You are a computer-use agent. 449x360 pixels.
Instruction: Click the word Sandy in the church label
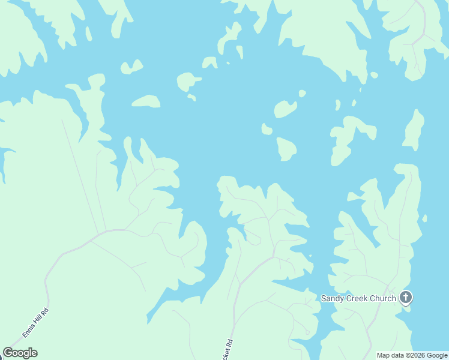pos(333,298)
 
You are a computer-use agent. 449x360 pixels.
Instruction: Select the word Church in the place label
pos(384,298)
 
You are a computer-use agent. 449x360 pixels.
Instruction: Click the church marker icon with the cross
pos(406,297)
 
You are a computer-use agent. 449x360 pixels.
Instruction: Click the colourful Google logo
pos(20,353)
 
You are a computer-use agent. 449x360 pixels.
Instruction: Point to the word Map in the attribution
pos(384,355)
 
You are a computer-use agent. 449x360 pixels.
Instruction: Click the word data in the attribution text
pos(399,355)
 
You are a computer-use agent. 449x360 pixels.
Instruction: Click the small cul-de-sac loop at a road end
pos(307,332)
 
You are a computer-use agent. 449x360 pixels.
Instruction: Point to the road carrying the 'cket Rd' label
pos(235,312)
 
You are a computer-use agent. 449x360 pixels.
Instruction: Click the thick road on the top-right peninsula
pos(424,24)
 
